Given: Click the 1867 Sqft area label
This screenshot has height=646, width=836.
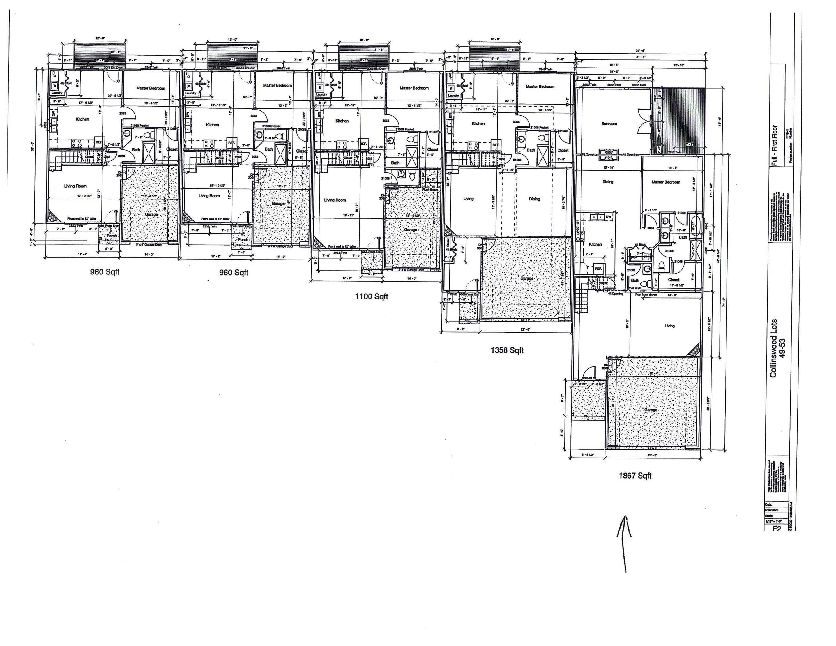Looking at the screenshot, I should pos(635,476).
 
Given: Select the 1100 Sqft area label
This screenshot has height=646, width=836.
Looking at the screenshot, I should pos(371,296).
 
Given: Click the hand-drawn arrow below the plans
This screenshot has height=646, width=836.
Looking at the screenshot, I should pos(624,543).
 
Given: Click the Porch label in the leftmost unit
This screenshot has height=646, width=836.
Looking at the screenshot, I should pos(112,236).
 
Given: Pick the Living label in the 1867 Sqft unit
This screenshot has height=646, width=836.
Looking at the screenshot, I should pos(669,326).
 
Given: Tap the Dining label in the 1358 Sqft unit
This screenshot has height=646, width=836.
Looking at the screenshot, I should pos(534,199).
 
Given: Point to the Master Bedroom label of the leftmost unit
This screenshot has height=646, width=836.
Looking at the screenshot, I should pos(151,88).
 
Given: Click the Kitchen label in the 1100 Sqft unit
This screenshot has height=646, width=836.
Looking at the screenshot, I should pos(342,121).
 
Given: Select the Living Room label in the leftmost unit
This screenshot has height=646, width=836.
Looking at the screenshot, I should pos(75,186).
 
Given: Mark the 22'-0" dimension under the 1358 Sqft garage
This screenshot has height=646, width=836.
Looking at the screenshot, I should pos(526,329).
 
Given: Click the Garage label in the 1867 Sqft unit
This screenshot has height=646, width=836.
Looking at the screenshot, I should pos(650,410).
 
